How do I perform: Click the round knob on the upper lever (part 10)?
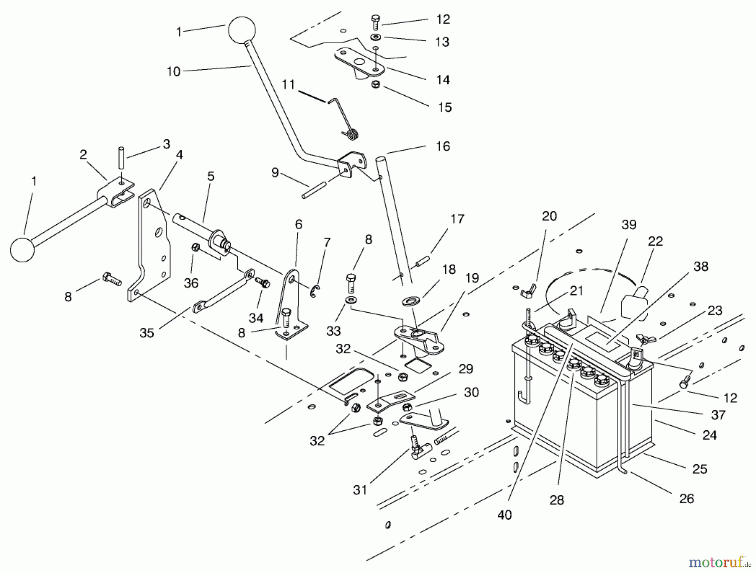click(x=241, y=30)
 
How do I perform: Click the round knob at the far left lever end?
click(x=22, y=250)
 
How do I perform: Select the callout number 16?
click(x=443, y=147)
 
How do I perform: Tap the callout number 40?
click(x=504, y=515)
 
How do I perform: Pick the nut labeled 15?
click(x=376, y=84)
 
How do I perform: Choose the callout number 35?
click(x=147, y=333)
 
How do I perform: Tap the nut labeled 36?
click(x=195, y=248)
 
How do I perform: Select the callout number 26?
click(x=686, y=499)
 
